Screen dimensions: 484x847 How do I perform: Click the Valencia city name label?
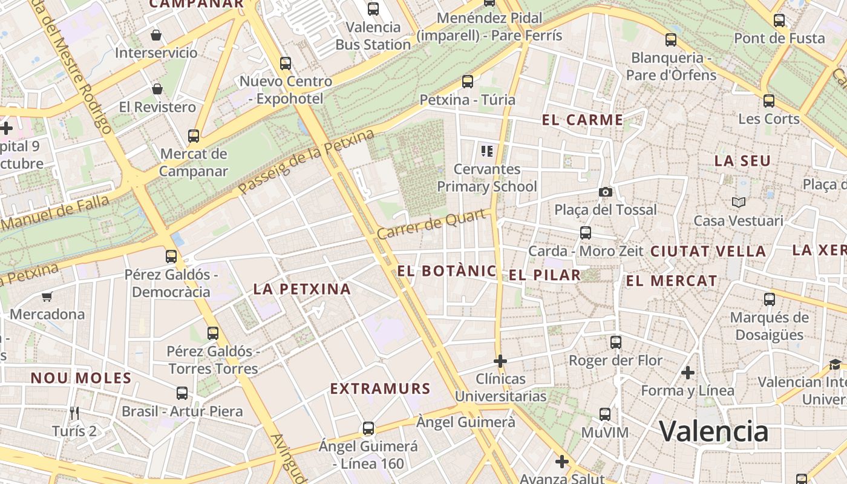[x=713, y=431]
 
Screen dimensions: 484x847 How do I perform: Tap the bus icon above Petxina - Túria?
[x=467, y=82]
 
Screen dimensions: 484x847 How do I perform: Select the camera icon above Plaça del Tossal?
[x=605, y=192]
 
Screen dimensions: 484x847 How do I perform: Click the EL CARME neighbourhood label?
[x=582, y=120]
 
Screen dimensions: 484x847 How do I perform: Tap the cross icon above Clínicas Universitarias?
[x=500, y=361]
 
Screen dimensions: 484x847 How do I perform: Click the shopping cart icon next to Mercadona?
[x=47, y=296]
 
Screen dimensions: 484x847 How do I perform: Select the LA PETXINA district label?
[x=302, y=289]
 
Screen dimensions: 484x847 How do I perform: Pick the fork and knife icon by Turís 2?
[x=74, y=413]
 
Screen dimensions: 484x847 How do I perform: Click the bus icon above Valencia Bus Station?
[x=373, y=9]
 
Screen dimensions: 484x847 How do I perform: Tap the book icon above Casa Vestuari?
[x=738, y=202]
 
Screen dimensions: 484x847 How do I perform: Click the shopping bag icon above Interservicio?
[x=156, y=35]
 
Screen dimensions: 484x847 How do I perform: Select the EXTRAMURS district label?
[x=380, y=388]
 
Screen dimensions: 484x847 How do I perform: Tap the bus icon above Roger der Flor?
[x=616, y=342]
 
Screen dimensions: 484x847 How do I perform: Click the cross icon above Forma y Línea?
[x=687, y=372]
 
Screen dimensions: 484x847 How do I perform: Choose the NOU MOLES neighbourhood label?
[x=81, y=378]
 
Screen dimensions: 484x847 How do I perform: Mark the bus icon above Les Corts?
[x=768, y=100]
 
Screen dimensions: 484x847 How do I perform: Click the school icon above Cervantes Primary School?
[x=487, y=151]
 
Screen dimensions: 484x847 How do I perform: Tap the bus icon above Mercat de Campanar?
[x=194, y=136]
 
